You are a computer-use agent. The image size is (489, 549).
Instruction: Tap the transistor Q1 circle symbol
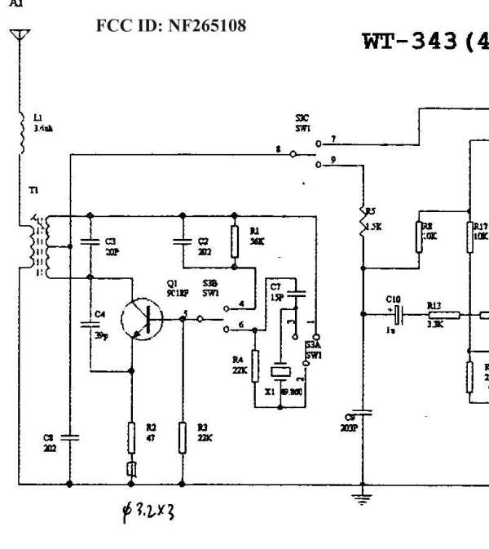[x=141, y=318]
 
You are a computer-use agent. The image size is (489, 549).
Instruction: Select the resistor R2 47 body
[x=130, y=438]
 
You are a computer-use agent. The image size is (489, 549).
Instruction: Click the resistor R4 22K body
[x=255, y=364]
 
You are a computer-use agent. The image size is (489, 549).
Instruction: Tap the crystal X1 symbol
[x=280, y=372]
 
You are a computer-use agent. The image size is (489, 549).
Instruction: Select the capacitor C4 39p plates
[x=90, y=325]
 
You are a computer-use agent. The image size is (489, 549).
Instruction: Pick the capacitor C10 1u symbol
[x=397, y=313]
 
